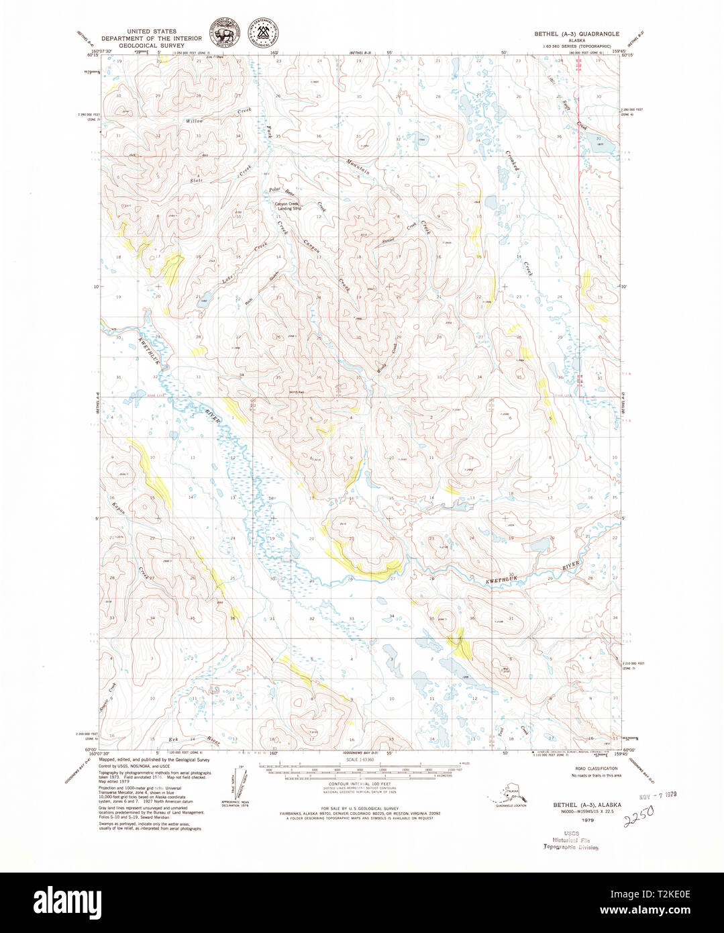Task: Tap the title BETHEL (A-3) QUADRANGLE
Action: (x=576, y=34)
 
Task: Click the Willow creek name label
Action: (x=195, y=121)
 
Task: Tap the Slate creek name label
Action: (x=196, y=180)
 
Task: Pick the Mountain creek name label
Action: (x=358, y=166)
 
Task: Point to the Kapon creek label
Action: (x=119, y=507)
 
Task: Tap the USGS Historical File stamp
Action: (x=570, y=840)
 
